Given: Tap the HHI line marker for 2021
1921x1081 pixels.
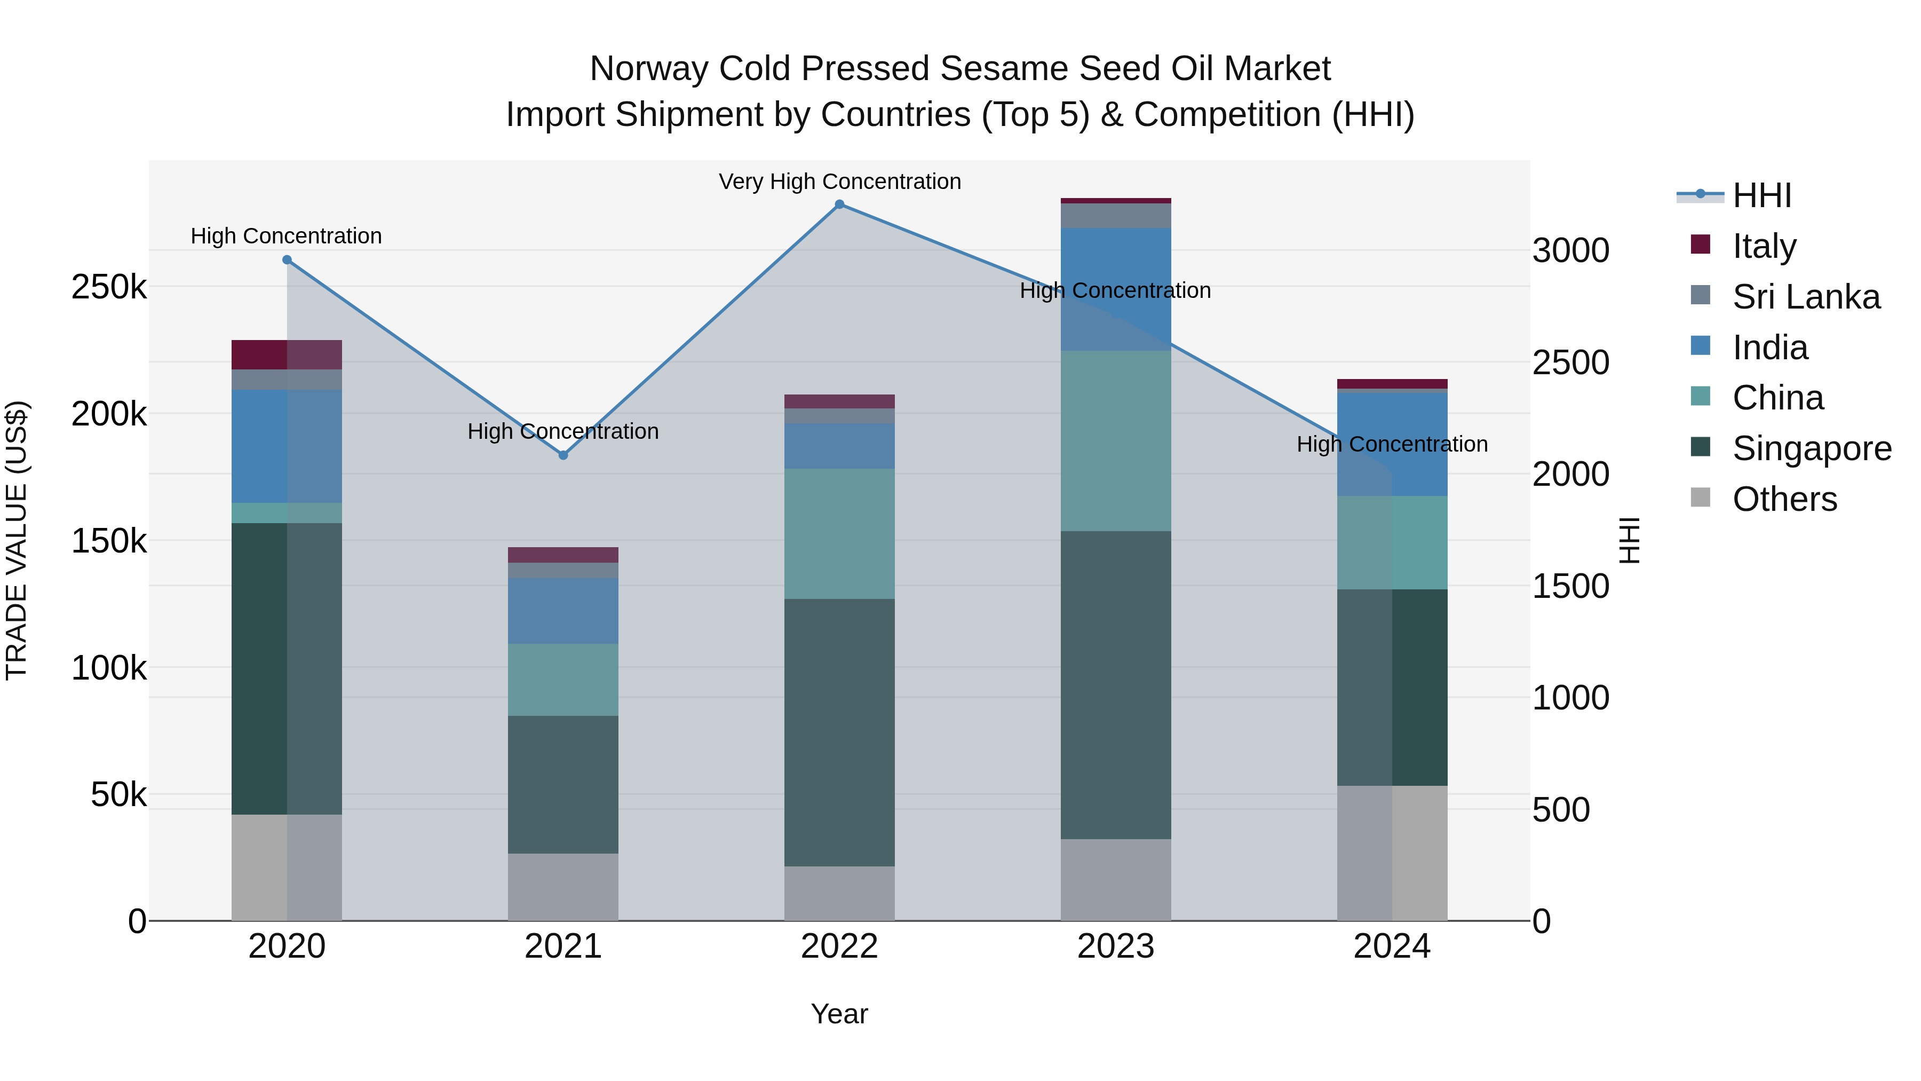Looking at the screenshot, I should click(563, 455).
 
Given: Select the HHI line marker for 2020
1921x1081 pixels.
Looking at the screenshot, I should click(287, 259).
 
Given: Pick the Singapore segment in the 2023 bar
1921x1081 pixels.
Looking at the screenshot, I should click(1116, 684).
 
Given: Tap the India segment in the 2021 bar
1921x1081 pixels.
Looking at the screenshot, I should click(563, 610).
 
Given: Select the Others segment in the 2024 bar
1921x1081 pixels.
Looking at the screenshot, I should click(1392, 852).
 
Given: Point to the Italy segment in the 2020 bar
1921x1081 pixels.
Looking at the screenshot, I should click(287, 354).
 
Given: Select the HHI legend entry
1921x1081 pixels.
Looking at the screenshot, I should click(1761, 195).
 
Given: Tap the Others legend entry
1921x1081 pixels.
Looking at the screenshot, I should click(1784, 499).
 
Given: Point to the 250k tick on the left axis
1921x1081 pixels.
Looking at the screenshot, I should click(109, 287).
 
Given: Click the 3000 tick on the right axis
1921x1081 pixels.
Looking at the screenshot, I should click(1570, 251).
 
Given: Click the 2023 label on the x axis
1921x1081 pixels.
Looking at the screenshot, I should click(1116, 946).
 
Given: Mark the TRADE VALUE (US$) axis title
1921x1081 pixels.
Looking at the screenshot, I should click(17, 540).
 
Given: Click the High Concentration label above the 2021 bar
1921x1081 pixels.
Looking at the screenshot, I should click(563, 431).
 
